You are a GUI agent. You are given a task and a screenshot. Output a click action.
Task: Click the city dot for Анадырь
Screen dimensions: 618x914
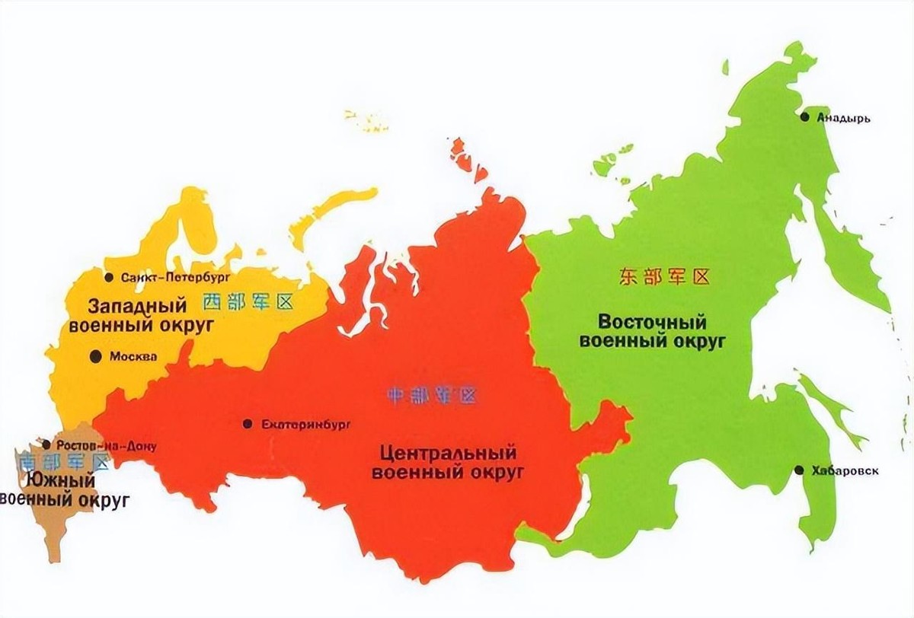(x=804, y=116)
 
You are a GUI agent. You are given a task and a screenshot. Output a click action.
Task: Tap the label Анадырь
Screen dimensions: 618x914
(x=843, y=118)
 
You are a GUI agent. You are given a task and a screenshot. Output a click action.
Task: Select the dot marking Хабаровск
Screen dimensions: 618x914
(x=798, y=470)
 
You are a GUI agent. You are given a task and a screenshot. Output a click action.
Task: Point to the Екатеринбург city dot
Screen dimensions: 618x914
(x=247, y=424)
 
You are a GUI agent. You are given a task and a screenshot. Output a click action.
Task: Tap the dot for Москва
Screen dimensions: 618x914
(x=95, y=355)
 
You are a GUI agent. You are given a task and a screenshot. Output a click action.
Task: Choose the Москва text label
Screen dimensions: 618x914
(x=133, y=356)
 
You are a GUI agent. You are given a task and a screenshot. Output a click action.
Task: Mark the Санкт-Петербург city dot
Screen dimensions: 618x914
(x=109, y=276)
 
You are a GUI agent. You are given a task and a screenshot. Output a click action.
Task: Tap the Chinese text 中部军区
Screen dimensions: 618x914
(x=432, y=395)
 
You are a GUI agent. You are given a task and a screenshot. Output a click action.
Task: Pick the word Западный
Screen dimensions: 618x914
(x=137, y=305)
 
